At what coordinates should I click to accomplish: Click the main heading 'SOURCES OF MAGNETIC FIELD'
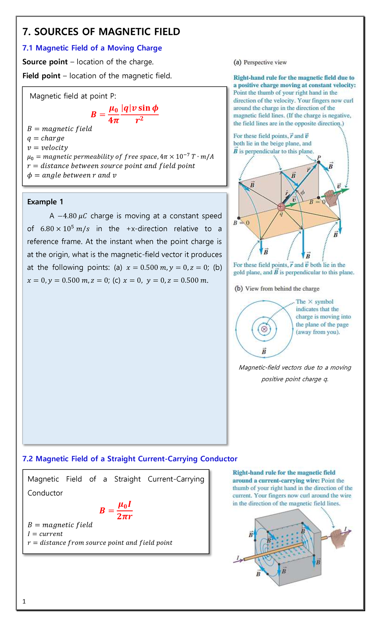107,32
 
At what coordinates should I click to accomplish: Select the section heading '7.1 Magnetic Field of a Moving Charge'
92,48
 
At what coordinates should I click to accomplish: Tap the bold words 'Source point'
45,62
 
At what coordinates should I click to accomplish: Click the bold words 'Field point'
41,76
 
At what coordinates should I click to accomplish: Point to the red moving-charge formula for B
124,114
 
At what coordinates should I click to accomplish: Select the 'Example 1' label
45,202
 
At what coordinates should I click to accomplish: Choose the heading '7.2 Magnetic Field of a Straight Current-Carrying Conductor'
130,459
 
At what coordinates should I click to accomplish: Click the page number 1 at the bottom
24,601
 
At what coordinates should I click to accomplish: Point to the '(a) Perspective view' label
260,62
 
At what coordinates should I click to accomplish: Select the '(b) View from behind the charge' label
277,289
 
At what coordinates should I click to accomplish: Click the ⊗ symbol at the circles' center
264,329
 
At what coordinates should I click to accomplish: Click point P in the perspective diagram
319,162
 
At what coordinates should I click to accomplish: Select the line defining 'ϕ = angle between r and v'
72,175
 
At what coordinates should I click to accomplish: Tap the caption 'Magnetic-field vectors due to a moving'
295,367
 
